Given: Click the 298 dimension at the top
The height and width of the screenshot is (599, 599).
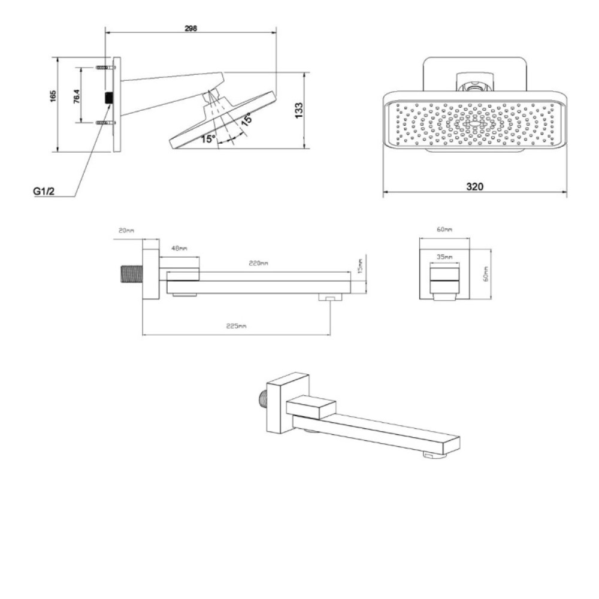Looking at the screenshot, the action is (190, 28).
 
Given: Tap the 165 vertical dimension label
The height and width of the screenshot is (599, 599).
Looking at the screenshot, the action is (53, 96).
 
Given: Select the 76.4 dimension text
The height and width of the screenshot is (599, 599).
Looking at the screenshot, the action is (77, 96).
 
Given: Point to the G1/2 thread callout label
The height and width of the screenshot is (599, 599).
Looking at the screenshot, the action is (44, 191).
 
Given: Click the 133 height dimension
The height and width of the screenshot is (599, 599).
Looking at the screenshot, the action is (299, 110).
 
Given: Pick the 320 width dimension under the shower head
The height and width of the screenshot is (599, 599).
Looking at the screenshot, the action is (474, 186).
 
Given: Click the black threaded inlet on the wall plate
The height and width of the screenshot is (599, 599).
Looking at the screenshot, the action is (109, 98).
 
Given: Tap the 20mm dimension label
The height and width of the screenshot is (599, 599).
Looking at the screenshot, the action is (126, 231).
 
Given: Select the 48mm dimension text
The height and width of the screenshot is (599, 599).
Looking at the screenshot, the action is (179, 249).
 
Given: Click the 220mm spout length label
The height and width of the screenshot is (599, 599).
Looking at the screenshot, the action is (258, 263).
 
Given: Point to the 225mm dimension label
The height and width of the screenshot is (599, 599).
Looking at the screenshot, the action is (237, 326).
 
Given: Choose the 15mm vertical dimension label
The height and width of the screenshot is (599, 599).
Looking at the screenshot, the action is (361, 266).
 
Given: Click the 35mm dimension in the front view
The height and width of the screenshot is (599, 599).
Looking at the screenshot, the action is (444, 257).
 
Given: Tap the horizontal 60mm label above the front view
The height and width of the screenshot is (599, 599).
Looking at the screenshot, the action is (444, 229).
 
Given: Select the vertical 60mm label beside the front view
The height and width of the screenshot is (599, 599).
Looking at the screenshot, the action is (486, 274).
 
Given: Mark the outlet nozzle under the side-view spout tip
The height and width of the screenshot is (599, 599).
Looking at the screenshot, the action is (330, 297).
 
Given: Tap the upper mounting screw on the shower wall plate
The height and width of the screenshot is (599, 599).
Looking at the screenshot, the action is (105, 68).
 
